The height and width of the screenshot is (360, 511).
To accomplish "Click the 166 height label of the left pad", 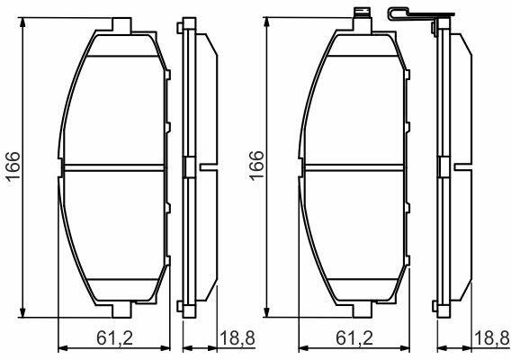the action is click(13, 166).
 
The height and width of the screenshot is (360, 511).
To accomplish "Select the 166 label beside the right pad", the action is click(256, 166).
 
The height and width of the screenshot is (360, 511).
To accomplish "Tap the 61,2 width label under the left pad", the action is click(115, 338).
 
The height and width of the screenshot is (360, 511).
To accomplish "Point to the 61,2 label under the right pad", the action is click(354, 338).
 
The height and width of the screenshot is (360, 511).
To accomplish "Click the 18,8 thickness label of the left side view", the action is click(238, 338).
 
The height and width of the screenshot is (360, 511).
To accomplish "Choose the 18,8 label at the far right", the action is click(492, 338).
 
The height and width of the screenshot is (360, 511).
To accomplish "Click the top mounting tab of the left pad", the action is click(121, 25).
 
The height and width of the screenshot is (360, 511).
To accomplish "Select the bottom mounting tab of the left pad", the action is click(121, 310).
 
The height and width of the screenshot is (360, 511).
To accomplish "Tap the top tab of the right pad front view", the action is click(363, 20).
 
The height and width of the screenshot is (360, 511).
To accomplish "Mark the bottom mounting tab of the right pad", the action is click(362, 310).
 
